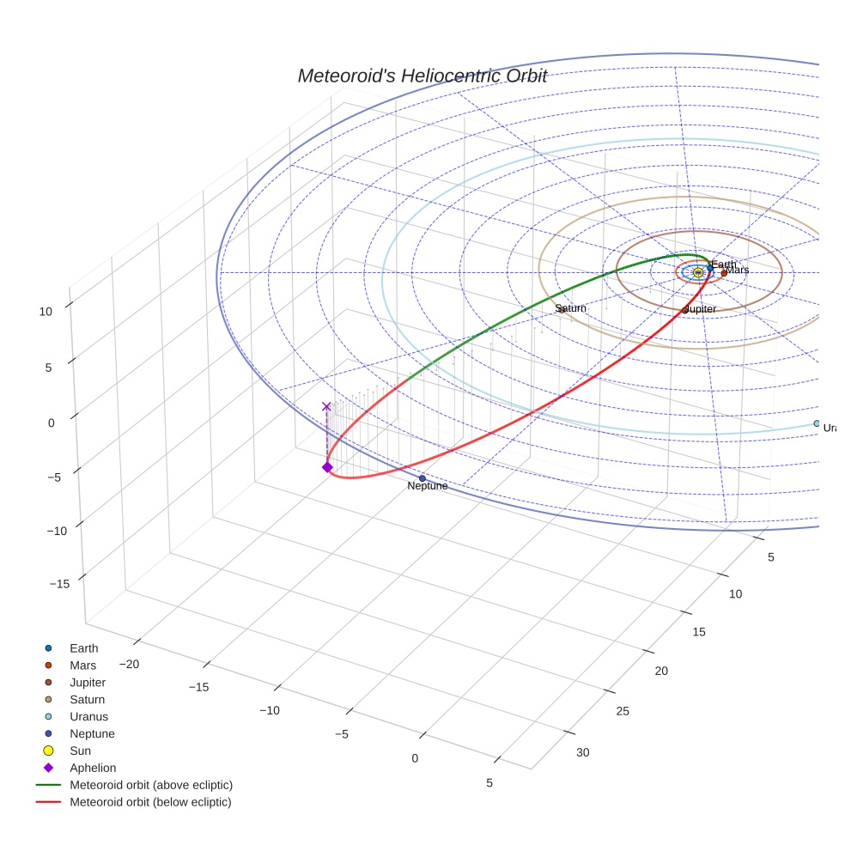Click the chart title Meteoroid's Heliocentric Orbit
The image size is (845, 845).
[422, 76]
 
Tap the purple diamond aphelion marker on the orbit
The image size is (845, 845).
[327, 467]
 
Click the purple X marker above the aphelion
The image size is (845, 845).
[326, 406]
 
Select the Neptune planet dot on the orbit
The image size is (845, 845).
[422, 478]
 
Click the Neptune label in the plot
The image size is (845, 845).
[427, 486]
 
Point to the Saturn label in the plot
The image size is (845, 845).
[570, 308]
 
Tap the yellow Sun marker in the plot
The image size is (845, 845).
[698, 272]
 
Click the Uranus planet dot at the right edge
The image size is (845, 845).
[817, 423]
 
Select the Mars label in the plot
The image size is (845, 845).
[737, 270]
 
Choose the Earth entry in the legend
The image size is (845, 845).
[84, 648]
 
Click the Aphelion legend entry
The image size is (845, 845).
[93, 768]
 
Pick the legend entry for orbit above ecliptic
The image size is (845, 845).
[151, 785]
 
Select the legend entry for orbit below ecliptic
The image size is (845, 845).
[150, 802]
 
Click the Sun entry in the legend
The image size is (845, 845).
[81, 751]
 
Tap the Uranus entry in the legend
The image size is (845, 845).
[89, 716]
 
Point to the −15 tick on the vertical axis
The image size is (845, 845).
[60, 584]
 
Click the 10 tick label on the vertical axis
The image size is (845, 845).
[46, 313]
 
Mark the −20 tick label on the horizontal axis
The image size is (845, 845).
[129, 664]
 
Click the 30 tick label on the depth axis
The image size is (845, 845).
[582, 753]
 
